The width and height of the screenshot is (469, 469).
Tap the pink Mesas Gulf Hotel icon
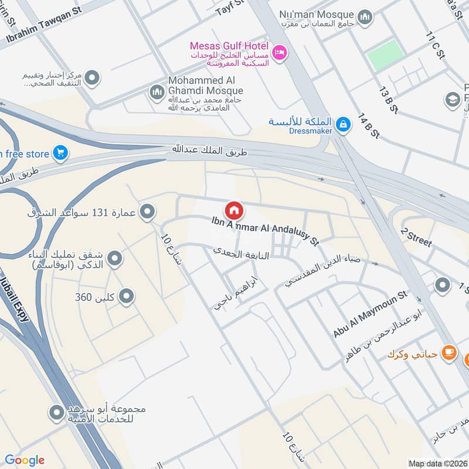(x=280, y=52)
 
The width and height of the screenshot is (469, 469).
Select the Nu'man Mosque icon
(x=365, y=16)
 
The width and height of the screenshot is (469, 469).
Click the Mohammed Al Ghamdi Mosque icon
(x=157, y=91)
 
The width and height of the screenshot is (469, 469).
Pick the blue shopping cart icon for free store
(x=60, y=154)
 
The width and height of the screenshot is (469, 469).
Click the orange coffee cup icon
(x=449, y=352)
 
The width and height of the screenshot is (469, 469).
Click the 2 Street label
(x=416, y=237)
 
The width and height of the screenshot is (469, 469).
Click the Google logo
(x=25, y=460)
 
